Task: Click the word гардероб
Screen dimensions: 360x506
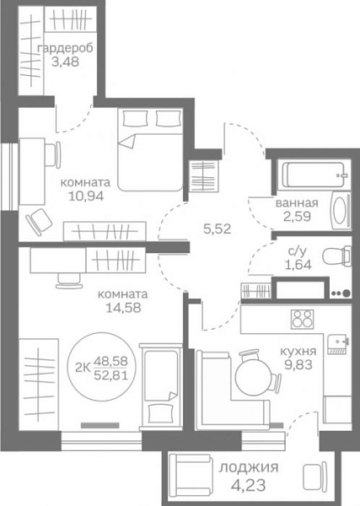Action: pyautogui.click(x=66, y=48)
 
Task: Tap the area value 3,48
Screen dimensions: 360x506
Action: pyautogui.click(x=66, y=62)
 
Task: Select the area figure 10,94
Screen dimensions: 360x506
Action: pyautogui.click(x=86, y=196)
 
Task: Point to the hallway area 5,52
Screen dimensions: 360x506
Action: pyautogui.click(x=218, y=229)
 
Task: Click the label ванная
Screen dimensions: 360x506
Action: pyautogui.click(x=297, y=203)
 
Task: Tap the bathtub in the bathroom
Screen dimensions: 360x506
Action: pyautogui.click(x=314, y=175)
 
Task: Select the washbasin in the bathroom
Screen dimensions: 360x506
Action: pyautogui.click(x=341, y=210)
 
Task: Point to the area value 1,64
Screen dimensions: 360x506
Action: pyautogui.click(x=298, y=265)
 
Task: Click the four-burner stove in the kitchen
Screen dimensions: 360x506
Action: pyautogui.click(x=302, y=319)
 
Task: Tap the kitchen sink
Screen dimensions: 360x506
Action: pyautogui.click(x=337, y=344)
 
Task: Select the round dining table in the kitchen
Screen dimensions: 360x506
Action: pyautogui.click(x=253, y=377)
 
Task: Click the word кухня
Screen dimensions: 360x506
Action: pyautogui.click(x=298, y=352)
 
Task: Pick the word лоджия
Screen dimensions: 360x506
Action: pyautogui.click(x=249, y=467)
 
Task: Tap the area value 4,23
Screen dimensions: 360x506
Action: pyautogui.click(x=249, y=485)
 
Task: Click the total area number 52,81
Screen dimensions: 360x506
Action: pyautogui.click(x=110, y=375)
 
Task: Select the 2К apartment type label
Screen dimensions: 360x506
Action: pyautogui.click(x=83, y=367)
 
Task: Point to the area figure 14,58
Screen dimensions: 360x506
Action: pyautogui.click(x=124, y=308)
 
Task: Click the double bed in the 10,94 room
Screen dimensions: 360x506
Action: pyautogui.click(x=150, y=149)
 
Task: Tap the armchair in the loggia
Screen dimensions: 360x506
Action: pyautogui.click(x=191, y=472)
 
